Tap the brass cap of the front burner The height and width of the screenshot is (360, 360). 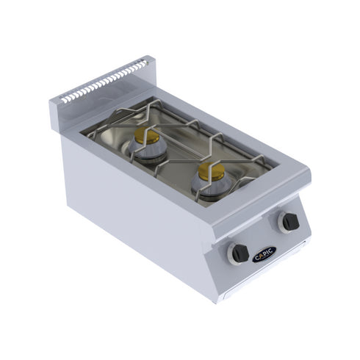click(x=209, y=171)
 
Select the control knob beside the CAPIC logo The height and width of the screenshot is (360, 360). click(x=240, y=253)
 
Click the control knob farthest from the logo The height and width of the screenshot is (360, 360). click(x=290, y=221)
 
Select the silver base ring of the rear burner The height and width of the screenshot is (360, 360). click(x=147, y=151)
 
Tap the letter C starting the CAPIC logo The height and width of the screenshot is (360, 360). click(x=256, y=258)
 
